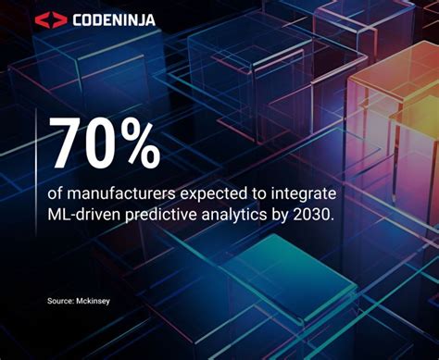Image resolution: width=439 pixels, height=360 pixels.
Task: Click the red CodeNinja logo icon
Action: point(51,19)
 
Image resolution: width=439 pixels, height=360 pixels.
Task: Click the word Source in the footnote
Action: point(60,301)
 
